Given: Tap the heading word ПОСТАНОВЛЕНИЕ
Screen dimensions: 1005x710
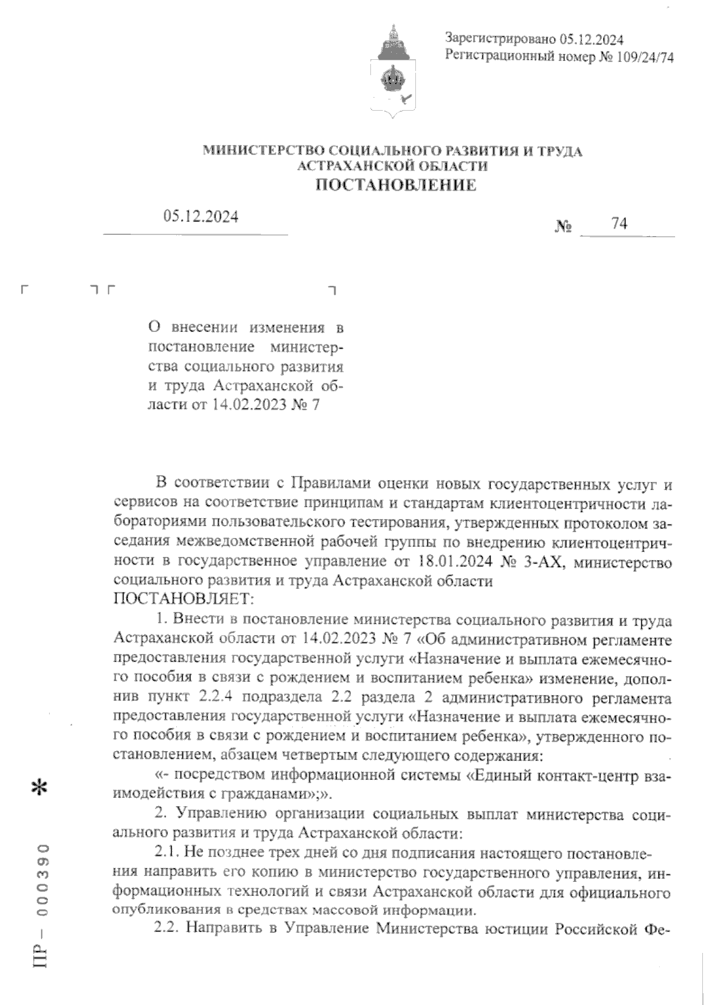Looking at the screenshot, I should pos(396,186).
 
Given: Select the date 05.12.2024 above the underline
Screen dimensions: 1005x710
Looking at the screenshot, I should pos(201,217).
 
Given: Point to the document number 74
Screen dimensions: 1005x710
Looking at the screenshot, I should pos(619,223).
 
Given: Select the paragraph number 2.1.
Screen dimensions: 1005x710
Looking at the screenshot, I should pos(167,852).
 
